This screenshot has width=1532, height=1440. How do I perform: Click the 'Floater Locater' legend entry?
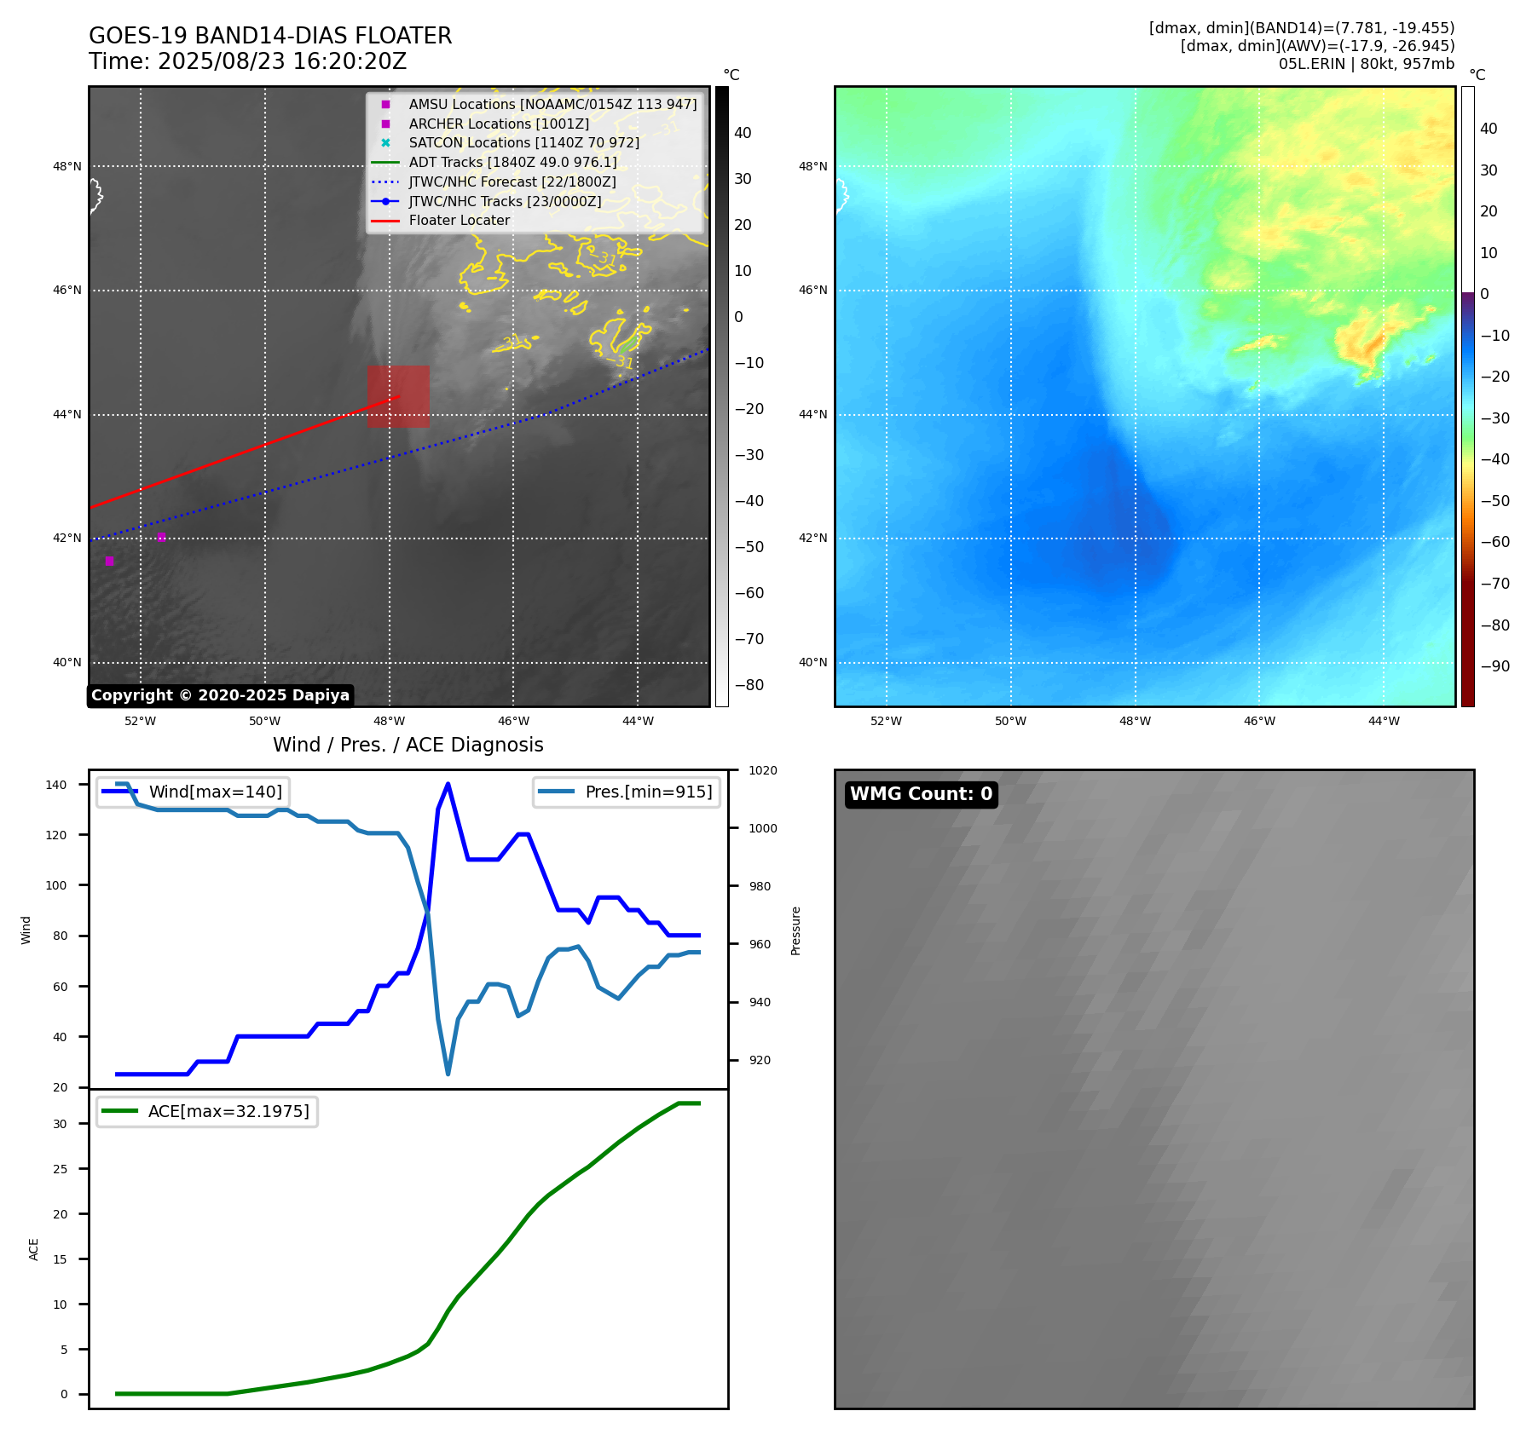click(459, 221)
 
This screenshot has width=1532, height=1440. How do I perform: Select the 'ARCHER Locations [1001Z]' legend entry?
click(499, 124)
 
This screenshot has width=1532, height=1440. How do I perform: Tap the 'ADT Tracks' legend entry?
click(512, 162)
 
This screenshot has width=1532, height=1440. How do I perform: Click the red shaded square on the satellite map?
click(398, 396)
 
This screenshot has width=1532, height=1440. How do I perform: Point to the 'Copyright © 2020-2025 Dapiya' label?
click(220, 695)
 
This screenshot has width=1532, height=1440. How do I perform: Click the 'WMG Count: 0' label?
click(921, 794)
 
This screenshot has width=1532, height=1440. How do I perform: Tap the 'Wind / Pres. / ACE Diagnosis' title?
click(408, 745)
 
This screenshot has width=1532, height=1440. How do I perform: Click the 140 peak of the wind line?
click(448, 784)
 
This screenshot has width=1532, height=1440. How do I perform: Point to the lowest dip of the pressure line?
click(448, 1073)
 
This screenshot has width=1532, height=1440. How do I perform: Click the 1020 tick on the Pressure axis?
click(762, 770)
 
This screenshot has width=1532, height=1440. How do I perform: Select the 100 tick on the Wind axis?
click(56, 885)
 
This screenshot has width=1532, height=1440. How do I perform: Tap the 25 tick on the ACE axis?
click(60, 1169)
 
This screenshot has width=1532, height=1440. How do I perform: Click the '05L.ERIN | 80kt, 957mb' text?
click(1366, 64)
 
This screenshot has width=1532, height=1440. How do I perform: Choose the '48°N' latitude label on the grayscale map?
click(66, 166)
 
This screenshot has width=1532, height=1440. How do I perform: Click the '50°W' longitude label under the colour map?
click(1010, 721)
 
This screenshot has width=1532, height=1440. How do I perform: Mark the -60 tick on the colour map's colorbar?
click(1494, 542)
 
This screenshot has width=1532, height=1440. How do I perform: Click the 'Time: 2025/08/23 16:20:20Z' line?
click(248, 61)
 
